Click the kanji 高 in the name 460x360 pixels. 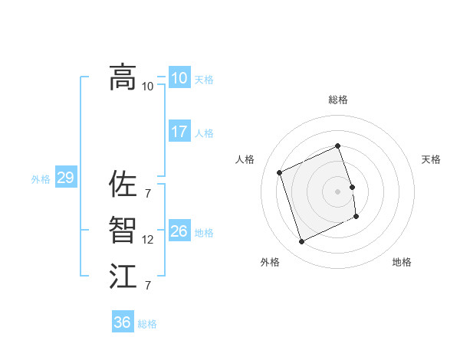tap(123, 77)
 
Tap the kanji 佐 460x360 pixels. tap(123, 184)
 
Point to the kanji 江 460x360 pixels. tap(123, 277)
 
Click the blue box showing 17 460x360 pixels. tap(179, 132)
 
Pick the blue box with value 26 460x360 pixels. tap(179, 231)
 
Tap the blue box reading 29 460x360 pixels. tap(65, 178)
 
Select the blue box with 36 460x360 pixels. tap(123, 322)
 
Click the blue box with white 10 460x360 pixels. tap(179, 78)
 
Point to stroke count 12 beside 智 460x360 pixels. tap(148, 240)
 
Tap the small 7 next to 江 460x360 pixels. tap(147, 286)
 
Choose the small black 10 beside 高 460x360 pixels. tap(148, 86)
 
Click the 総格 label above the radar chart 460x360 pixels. tap(338, 100)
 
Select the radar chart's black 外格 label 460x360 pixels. tap(270, 262)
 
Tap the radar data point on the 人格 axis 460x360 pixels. tap(280, 172)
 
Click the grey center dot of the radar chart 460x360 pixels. tap(338, 191)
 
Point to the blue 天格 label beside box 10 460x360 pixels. tap(204, 80)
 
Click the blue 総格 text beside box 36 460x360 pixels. tap(147, 324)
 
